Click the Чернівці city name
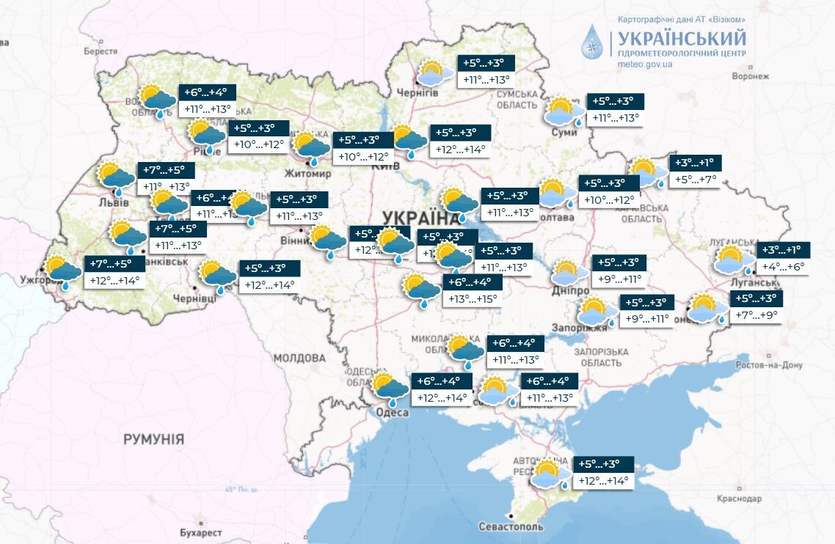pos(194,299)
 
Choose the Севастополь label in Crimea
pos(511,527)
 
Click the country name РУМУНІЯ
pos(153,440)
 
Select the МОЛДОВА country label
pos(299,359)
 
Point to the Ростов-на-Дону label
pos(770,365)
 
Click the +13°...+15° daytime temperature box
pos(473,299)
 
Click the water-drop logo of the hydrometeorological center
pos(591,41)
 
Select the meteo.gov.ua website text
pos(645,65)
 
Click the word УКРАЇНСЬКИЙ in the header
pos(682,38)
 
